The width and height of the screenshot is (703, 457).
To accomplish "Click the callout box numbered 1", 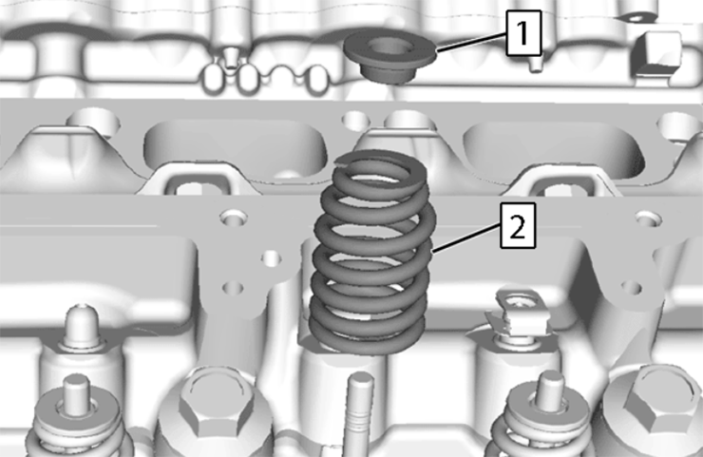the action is coord(523,33).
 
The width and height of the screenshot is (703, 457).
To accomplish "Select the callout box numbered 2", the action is coord(518,225).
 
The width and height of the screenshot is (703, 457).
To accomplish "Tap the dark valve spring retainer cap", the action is coord(389,56).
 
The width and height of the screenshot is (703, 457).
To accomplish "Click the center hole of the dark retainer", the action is coord(386,47).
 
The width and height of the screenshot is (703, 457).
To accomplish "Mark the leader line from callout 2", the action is coord(465,238).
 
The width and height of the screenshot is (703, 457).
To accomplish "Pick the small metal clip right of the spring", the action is coord(519,313).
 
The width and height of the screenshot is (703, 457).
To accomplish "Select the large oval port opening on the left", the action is coord(234,144).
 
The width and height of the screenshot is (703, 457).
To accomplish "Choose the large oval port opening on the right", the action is coord(554,146).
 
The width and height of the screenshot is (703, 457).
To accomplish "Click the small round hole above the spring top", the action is coord(354,121).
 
